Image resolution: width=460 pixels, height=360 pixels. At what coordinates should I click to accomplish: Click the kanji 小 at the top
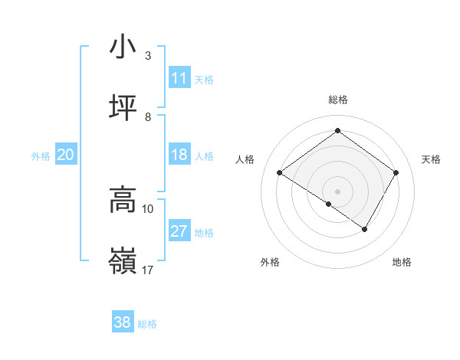(x=123, y=47)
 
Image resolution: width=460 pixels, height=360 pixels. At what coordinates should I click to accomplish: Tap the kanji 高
(x=123, y=200)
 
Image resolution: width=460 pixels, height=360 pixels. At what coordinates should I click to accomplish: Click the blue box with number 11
(x=179, y=78)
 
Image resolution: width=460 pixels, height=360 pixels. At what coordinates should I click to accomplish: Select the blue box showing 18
(x=179, y=155)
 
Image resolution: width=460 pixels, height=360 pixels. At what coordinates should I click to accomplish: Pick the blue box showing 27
(x=179, y=231)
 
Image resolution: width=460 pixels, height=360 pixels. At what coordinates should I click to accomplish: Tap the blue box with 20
(x=66, y=155)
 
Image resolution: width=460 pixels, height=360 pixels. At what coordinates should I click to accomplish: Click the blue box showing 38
(x=123, y=322)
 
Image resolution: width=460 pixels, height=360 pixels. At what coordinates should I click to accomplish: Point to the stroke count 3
(x=148, y=56)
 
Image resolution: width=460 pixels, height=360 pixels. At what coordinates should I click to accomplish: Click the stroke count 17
(x=148, y=270)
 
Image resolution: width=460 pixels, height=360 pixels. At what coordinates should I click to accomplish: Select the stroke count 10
(x=148, y=208)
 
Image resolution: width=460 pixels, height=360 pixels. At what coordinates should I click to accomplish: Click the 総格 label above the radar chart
(x=337, y=100)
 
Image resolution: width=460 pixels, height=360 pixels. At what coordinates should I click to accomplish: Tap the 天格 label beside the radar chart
(x=431, y=159)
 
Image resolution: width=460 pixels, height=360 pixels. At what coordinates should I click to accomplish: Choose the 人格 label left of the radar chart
(x=245, y=159)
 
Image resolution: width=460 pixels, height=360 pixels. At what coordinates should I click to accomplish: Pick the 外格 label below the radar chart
(x=270, y=262)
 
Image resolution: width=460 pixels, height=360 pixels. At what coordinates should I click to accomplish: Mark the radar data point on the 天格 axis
(x=396, y=172)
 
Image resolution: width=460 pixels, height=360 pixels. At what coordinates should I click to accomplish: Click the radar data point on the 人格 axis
(x=280, y=173)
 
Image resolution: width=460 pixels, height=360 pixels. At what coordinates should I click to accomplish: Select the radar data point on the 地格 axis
(x=365, y=229)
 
